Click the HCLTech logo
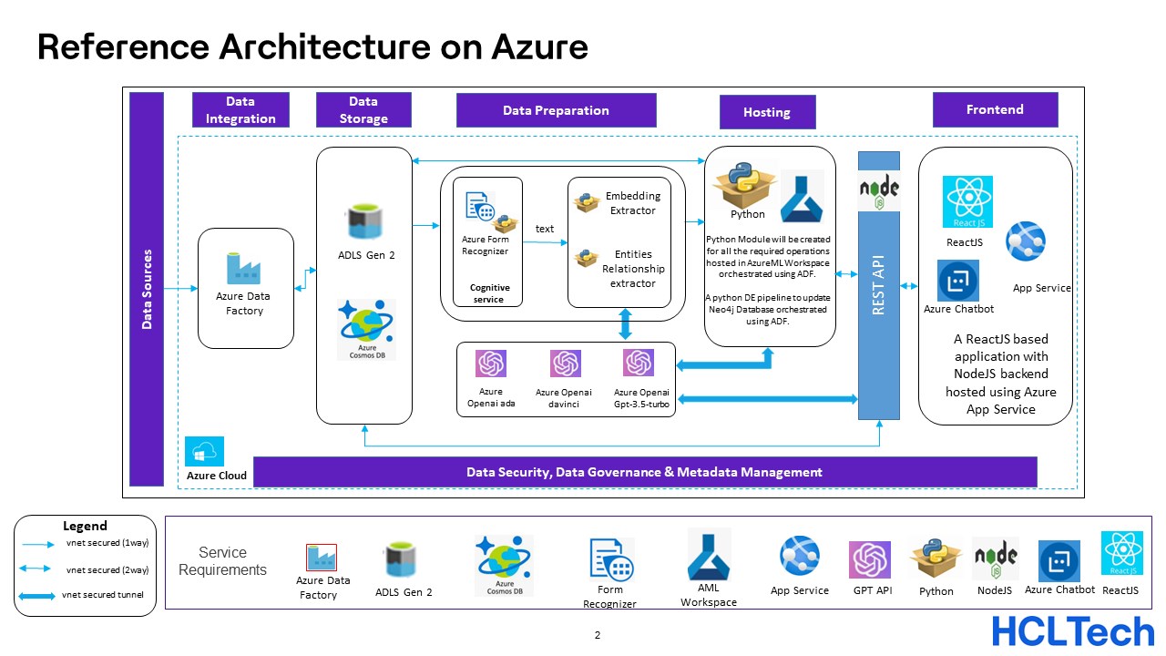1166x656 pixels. pyautogui.click(x=1072, y=630)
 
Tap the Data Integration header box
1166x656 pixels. pyautogui.click(x=240, y=109)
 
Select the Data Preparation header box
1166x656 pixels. pyautogui.click(x=556, y=110)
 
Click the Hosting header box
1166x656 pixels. pyautogui.click(x=767, y=112)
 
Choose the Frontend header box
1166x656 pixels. pyautogui.click(x=995, y=109)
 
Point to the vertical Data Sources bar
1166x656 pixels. pyautogui.click(x=147, y=289)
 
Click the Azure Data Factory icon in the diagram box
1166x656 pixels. pyautogui.click(x=243, y=268)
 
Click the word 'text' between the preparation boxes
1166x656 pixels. pyautogui.click(x=545, y=229)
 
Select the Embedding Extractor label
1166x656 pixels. pyautogui.click(x=632, y=203)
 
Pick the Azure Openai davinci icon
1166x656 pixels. pyautogui.click(x=565, y=364)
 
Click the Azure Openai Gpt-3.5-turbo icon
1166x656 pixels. pyautogui.click(x=638, y=363)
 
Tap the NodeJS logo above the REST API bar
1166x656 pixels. pyautogui.click(x=879, y=190)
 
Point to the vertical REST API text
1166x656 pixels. pyautogui.click(x=879, y=285)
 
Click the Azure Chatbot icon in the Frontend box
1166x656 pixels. pyautogui.click(x=957, y=281)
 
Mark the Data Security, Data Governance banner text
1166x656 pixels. pyautogui.click(x=644, y=472)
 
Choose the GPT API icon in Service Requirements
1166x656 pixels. pyautogui.click(x=869, y=559)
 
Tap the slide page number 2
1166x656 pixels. pyautogui.click(x=598, y=636)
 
